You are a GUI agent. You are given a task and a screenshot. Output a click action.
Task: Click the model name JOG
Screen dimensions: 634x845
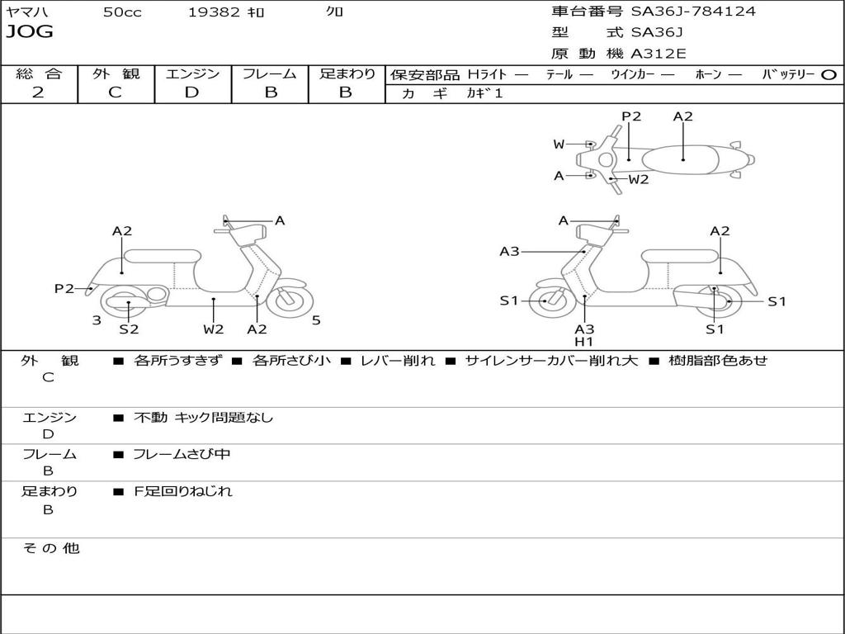point(30,32)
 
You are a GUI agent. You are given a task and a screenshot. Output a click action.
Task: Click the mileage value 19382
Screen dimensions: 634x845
point(214,12)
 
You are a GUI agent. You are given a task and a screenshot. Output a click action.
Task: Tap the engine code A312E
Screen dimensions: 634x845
point(658,54)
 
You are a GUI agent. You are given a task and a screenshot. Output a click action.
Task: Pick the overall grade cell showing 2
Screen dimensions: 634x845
point(38,92)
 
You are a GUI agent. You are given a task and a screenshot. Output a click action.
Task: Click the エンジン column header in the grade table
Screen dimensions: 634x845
point(192,73)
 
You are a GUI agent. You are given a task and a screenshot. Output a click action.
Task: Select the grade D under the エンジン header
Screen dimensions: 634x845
point(192,92)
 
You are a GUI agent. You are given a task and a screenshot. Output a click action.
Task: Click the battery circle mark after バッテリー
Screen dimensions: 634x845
point(829,75)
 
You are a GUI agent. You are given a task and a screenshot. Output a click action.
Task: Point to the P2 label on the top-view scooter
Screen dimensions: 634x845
point(631,116)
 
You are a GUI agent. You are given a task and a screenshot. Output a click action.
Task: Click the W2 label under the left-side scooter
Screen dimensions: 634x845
point(214,329)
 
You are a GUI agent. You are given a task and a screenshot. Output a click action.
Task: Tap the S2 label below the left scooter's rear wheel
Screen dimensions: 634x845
point(129,329)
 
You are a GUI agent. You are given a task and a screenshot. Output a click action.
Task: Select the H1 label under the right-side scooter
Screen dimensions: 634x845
point(584,342)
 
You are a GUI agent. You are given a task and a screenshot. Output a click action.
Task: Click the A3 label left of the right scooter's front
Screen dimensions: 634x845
point(510,252)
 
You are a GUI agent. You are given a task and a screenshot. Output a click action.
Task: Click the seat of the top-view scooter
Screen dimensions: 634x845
point(683,158)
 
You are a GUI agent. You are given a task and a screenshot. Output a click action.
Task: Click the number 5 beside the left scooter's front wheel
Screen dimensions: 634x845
point(316,320)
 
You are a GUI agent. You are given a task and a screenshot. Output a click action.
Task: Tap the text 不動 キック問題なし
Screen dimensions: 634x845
point(203,418)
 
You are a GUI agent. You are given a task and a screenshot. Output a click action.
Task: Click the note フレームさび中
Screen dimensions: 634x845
point(182,454)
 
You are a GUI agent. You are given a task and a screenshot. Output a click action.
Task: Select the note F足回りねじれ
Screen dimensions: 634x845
point(183,491)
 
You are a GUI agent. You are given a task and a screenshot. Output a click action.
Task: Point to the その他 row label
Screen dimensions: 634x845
point(50,548)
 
